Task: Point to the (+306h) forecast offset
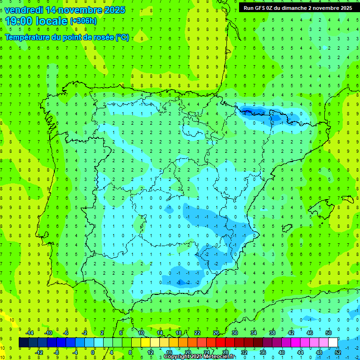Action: point(83,21)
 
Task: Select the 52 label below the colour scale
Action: point(338,352)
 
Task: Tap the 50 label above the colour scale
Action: point(329,333)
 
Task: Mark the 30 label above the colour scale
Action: point(235,333)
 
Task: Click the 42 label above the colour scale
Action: point(291,333)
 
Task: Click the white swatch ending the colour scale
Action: point(333,343)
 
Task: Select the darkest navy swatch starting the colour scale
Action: point(24,343)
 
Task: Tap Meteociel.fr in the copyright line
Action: point(219,357)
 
